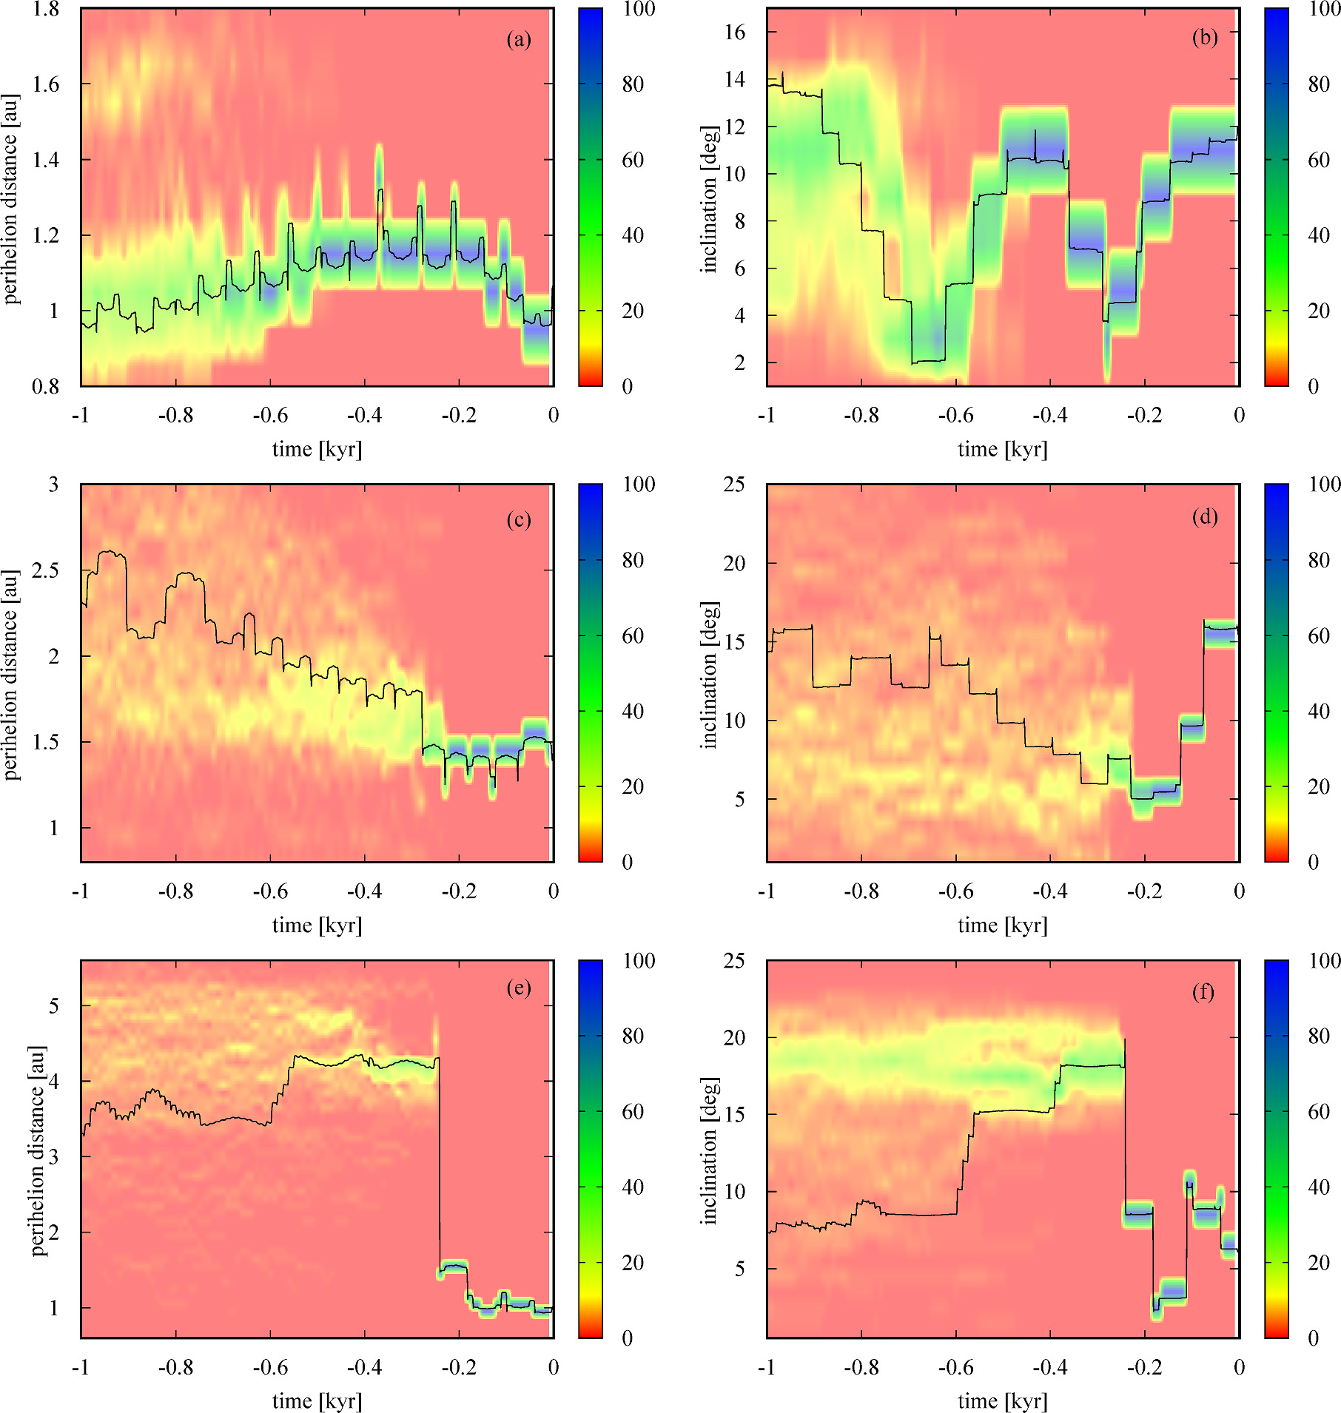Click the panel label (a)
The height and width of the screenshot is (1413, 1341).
(x=519, y=39)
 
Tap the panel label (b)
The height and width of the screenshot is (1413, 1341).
(x=1205, y=38)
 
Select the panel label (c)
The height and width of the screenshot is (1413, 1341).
(x=519, y=519)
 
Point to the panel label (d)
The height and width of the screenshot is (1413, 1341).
(x=1205, y=516)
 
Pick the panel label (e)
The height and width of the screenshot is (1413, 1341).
(x=519, y=988)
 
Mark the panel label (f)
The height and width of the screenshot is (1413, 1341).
(x=1203, y=991)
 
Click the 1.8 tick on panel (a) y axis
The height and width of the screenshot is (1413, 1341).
(x=45, y=10)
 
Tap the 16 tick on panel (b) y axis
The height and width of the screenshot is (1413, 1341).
(x=734, y=32)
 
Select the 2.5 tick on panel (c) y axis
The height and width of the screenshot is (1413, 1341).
(x=45, y=570)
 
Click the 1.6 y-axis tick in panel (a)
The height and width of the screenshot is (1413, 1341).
(x=45, y=84)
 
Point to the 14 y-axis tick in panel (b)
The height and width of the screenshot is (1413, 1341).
(x=734, y=79)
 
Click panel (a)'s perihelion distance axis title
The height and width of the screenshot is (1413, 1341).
(x=10, y=198)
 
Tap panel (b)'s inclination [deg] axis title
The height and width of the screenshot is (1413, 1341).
(x=709, y=198)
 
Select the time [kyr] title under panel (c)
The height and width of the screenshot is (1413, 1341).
(x=317, y=925)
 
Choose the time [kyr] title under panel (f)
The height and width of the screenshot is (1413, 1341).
(x=1003, y=1400)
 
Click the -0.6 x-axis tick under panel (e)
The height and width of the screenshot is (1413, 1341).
(x=270, y=1367)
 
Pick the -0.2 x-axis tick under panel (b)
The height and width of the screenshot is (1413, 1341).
(x=1144, y=415)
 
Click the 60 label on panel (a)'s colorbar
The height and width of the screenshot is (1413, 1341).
(x=633, y=160)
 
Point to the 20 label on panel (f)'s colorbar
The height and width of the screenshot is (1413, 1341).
(x=1319, y=1263)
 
